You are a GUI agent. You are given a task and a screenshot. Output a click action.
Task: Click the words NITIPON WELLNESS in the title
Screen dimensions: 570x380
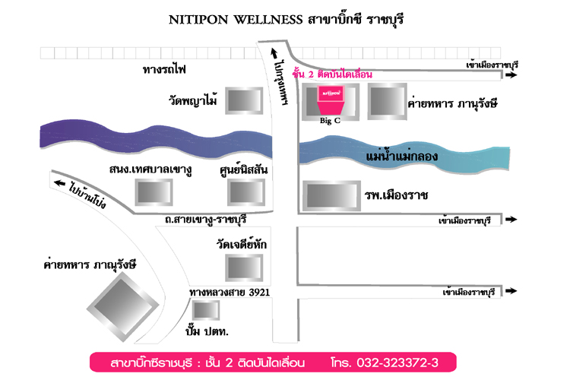(236, 20)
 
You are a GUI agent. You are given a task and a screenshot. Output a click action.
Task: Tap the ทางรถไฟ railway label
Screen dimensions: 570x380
(164, 69)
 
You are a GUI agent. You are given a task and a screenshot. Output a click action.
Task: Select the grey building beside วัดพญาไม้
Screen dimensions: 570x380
(244, 100)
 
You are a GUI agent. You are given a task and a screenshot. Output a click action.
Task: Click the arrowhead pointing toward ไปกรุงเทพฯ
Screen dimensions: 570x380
(274, 53)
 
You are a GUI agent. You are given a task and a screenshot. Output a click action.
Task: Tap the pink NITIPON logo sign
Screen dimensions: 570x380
(331, 93)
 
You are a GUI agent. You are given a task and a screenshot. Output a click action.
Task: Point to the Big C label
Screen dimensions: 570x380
(330, 120)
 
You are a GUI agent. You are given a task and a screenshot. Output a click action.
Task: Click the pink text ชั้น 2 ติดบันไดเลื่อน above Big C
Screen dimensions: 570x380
(332, 74)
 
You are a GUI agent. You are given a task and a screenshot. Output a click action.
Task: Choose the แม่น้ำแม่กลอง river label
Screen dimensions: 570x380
(401, 156)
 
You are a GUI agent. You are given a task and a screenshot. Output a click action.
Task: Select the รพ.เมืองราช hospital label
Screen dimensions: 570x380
(396, 195)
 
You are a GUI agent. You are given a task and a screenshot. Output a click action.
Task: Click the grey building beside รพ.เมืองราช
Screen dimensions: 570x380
(331, 196)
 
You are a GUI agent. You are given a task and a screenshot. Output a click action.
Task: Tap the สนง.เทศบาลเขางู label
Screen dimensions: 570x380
(150, 169)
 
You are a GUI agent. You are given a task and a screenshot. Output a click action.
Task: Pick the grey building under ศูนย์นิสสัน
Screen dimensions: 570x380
(246, 192)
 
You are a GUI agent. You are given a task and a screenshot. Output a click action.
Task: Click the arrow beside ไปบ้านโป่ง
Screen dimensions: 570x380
(60, 183)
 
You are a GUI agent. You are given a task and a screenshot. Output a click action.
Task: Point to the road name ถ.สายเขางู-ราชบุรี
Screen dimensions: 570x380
(205, 220)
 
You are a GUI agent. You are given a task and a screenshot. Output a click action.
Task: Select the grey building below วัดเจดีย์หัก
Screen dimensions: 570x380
(244, 268)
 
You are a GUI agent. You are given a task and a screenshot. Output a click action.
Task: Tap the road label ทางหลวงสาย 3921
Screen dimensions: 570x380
(230, 293)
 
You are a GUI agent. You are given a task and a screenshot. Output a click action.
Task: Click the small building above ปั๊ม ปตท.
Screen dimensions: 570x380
(206, 310)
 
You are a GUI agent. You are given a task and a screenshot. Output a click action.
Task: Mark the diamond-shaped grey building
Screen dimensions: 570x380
(123, 308)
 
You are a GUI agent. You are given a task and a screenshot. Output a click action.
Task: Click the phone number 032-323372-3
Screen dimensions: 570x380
(397, 363)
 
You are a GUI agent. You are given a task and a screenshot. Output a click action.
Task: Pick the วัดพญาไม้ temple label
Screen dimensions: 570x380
(193, 100)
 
